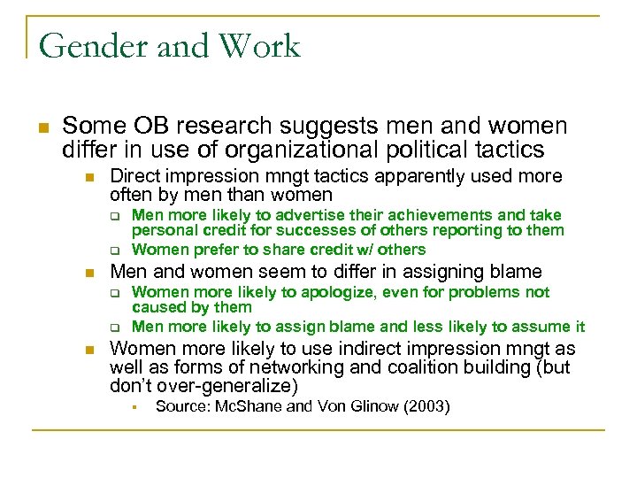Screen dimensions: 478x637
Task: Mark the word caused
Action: pos(156,307)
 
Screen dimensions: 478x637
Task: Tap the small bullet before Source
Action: pos(129,407)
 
